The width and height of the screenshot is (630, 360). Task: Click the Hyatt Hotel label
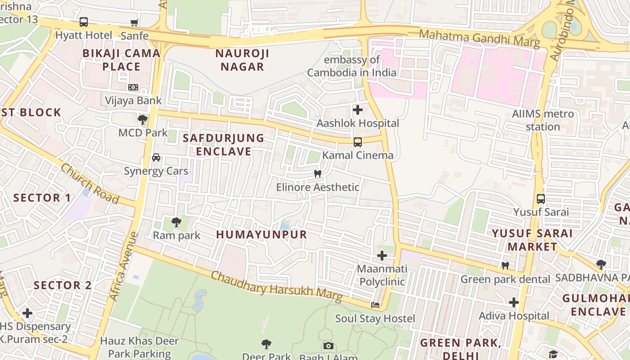click(84, 35)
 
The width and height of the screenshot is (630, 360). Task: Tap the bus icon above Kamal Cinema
click(358, 142)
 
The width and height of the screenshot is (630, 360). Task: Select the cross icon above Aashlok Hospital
click(358, 110)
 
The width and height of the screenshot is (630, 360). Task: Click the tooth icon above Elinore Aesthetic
click(318, 174)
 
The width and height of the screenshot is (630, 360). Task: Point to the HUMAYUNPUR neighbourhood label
click(261, 234)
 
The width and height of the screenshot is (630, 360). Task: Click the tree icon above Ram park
click(176, 222)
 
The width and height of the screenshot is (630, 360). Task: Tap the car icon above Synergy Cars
click(156, 157)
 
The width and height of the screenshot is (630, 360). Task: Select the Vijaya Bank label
click(133, 100)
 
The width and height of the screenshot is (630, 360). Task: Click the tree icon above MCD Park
click(143, 120)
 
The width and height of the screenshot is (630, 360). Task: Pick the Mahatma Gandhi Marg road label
click(479, 38)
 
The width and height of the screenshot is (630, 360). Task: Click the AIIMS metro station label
click(543, 120)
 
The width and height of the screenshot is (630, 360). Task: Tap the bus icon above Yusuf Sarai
click(541, 199)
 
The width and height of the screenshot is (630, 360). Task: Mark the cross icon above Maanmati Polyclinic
click(382, 256)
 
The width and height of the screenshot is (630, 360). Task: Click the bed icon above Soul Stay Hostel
click(375, 305)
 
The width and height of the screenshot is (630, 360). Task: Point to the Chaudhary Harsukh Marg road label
click(276, 287)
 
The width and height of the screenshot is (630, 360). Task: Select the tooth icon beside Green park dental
click(505, 266)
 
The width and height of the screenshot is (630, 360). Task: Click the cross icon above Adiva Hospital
click(514, 302)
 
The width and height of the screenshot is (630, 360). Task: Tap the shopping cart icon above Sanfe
click(134, 22)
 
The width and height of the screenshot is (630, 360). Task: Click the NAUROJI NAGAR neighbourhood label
click(242, 60)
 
